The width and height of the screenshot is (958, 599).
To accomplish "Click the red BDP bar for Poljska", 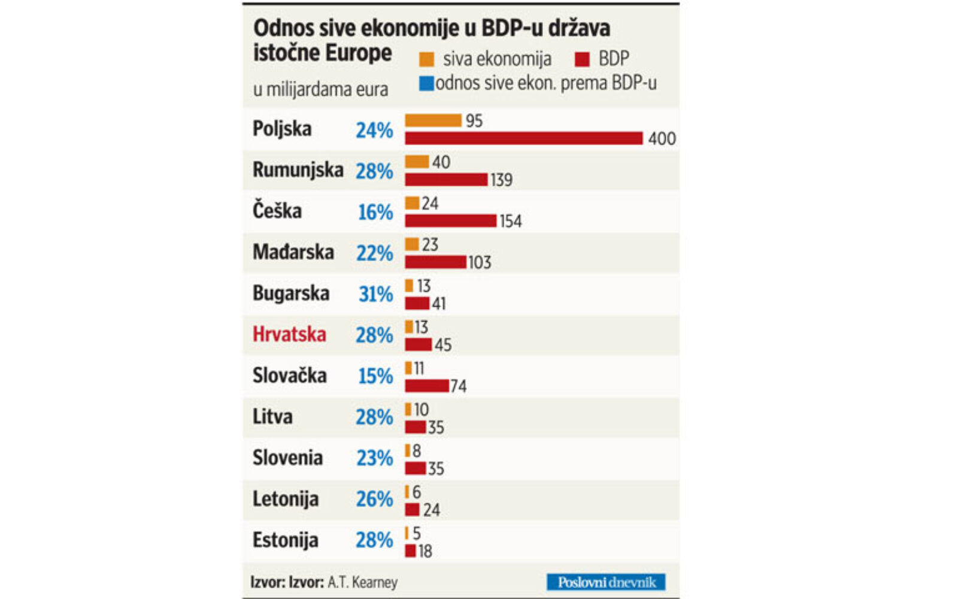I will pos(523,138).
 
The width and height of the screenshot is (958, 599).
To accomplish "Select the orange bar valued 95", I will pos(433,120).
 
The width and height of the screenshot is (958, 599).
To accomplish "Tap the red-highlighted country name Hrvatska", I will pos(289,334).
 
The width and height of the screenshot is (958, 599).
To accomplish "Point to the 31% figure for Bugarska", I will pos(375,294).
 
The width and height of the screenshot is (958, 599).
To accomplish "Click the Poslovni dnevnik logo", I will pos(606,582).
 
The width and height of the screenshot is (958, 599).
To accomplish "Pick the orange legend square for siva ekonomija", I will pos(426,59).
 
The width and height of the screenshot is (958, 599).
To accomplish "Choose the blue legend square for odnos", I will pos(426,83).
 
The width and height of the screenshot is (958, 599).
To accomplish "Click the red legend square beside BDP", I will pos(582,59).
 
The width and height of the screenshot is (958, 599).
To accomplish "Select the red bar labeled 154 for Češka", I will pos(450,220).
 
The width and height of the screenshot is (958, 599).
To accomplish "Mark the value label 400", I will pos(662,138).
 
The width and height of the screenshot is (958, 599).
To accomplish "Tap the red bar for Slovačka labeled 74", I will pos(426,386).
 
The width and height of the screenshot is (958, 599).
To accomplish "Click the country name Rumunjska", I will pos(298,170).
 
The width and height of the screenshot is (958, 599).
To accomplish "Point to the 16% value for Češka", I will pos(375,212).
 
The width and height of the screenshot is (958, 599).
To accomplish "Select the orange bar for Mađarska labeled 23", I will pos(412,244).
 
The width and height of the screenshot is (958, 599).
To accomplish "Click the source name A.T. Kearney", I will pos(362,582).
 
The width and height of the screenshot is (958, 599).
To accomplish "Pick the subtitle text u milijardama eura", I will pos(320,90).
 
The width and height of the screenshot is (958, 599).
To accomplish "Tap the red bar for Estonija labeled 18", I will pos(410,550).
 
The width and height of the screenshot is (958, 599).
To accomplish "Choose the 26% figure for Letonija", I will pos(374,499).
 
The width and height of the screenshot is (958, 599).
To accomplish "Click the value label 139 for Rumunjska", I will pos(501,180).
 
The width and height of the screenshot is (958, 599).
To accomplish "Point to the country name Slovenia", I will pos(287,458).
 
